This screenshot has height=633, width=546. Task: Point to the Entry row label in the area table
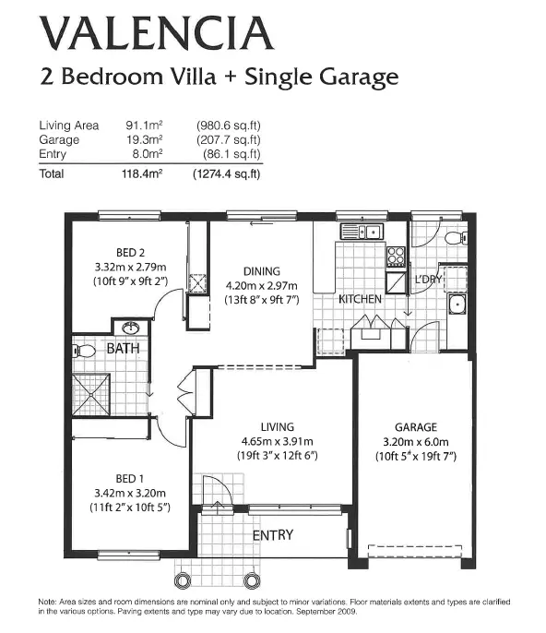tap(53, 154)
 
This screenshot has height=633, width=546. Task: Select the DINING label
tap(261, 271)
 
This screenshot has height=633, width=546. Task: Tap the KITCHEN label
tap(361, 300)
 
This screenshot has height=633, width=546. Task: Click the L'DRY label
tap(429, 279)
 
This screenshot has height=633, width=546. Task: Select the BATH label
tap(123, 349)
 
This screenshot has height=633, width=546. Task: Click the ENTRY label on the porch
tap(273, 535)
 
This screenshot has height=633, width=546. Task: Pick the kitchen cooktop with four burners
tap(395, 256)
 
